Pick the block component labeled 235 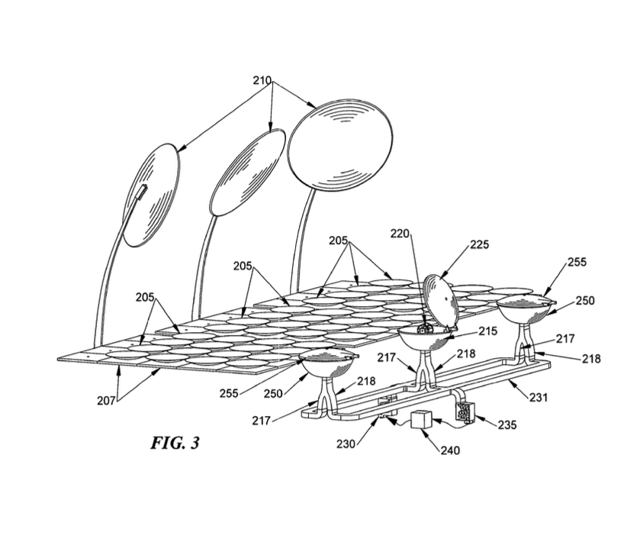tap(463, 410)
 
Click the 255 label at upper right tap(577, 262)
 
